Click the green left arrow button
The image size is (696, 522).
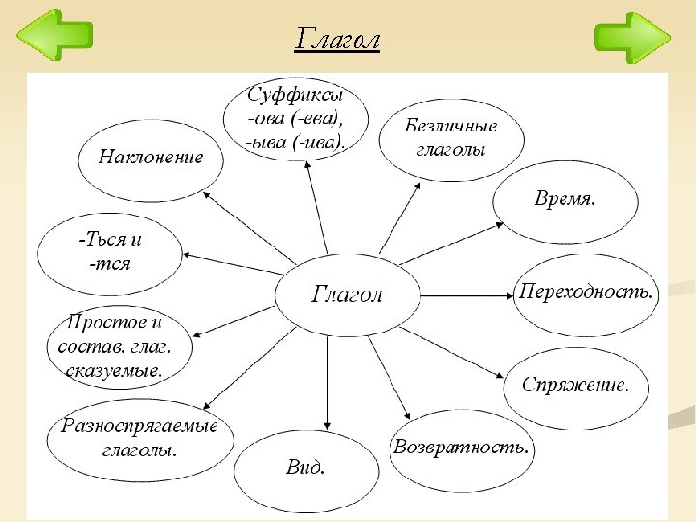coord(55,36)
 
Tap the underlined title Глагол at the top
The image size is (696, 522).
coord(337,41)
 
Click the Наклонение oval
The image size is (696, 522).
coord(151,158)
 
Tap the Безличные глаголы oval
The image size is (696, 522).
coord(450,138)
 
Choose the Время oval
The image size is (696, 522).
coord(565,200)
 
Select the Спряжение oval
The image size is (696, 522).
coord(575,386)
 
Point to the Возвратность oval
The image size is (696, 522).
coord(461,449)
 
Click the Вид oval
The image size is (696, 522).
coord(305,469)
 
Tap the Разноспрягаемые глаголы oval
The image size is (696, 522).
coord(140,438)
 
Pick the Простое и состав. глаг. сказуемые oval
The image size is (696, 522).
coord(118,345)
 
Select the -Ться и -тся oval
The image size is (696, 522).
coord(108,251)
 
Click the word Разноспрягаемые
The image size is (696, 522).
coord(140,426)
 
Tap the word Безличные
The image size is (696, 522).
coord(450,127)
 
